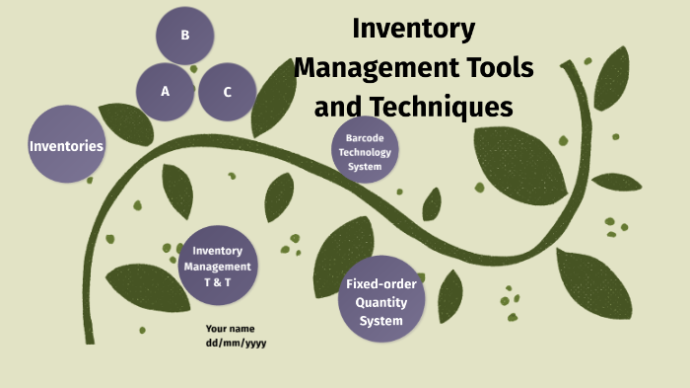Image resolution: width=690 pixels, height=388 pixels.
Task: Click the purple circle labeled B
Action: pyautogui.click(x=185, y=36)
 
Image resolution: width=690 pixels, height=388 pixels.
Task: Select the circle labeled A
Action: pyautogui.click(x=166, y=92)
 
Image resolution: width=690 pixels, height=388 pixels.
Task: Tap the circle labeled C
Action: pyautogui.click(x=228, y=92)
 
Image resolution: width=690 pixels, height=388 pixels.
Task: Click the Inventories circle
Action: pyautogui.click(x=67, y=146)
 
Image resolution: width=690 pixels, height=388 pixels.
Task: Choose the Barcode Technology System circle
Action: pyautogui.click(x=365, y=153)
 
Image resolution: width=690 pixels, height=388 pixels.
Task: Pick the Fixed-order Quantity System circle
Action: pyautogui.click(x=380, y=302)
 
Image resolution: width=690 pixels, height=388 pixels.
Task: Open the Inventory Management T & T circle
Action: pyautogui.click(x=217, y=267)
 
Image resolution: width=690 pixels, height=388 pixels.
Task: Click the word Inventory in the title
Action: pyautogui.click(x=414, y=29)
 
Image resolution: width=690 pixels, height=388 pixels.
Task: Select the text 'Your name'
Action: pyautogui.click(x=230, y=328)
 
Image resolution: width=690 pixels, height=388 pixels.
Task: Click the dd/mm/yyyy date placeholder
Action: pyautogui.click(x=236, y=343)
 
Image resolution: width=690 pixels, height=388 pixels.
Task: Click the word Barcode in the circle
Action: pyautogui.click(x=365, y=138)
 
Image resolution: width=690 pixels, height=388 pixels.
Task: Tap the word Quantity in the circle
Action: pyautogui.click(x=380, y=302)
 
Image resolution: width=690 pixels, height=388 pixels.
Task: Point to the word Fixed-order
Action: pyautogui.click(x=380, y=284)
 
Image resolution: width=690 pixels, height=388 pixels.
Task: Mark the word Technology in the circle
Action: pyautogui.click(x=365, y=152)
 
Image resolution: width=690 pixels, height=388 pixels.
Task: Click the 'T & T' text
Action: pyautogui.click(x=217, y=281)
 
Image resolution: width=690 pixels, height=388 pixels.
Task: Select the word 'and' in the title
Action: pyautogui.click(x=337, y=106)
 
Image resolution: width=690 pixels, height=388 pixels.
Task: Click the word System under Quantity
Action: pyautogui.click(x=380, y=320)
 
